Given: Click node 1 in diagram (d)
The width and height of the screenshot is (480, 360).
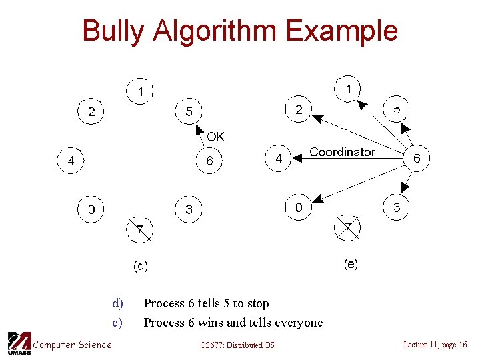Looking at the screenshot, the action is pyautogui.click(x=140, y=91).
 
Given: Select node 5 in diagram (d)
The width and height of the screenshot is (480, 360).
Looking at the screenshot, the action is pyautogui.click(x=189, y=111).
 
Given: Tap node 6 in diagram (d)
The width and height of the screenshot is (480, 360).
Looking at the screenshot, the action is pyautogui.click(x=209, y=161).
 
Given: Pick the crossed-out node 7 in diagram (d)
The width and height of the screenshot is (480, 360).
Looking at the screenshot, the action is pyautogui.click(x=140, y=230).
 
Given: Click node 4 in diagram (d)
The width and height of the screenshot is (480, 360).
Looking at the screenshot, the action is pyautogui.click(x=71, y=161).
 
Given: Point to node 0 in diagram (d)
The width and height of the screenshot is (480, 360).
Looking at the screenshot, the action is pyautogui.click(x=91, y=209).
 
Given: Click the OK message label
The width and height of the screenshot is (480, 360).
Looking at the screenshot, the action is pyautogui.click(x=215, y=137).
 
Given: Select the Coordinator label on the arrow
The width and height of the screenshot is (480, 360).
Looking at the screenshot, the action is pyautogui.click(x=342, y=152).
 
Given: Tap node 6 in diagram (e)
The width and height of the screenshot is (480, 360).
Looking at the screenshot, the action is pyautogui.click(x=417, y=158).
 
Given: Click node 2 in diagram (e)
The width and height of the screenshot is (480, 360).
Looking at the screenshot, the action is pyautogui.click(x=299, y=109).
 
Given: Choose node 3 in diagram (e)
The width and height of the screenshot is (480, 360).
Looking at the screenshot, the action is pyautogui.click(x=397, y=207).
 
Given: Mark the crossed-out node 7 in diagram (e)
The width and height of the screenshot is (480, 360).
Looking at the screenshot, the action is pyautogui.click(x=347, y=228).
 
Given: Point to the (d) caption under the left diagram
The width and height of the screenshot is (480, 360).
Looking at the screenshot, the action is pyautogui.click(x=141, y=266).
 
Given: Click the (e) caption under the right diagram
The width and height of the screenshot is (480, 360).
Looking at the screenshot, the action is pyautogui.click(x=350, y=264).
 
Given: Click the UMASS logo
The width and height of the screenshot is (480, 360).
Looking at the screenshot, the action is pyautogui.click(x=19, y=343).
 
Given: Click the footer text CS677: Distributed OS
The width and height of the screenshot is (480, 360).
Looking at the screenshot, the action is pyautogui.click(x=237, y=345).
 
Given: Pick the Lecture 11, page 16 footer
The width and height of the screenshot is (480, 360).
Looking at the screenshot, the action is pyautogui.click(x=435, y=344).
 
